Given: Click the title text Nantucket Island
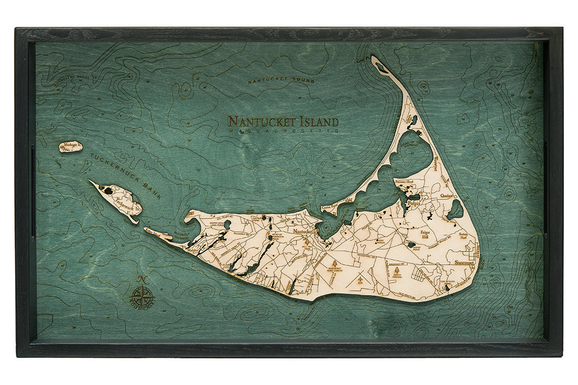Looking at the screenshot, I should (283, 122).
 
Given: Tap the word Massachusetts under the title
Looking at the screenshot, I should (283, 132).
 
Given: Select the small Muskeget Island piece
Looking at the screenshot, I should (71, 147).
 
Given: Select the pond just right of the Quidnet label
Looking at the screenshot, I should (455, 209).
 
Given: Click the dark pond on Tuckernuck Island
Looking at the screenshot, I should (108, 190).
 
